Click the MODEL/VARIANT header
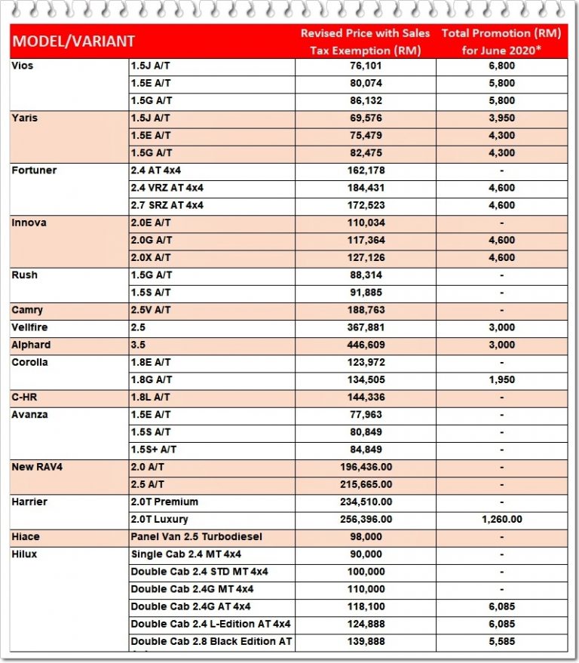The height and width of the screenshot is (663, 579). (74, 41)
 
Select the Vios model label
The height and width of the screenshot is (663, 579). (23, 66)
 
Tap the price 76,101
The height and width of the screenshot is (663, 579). (365, 66)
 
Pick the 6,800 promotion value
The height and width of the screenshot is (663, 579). (501, 66)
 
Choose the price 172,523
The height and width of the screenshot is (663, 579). (365, 205)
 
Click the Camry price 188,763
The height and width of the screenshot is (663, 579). (365, 310)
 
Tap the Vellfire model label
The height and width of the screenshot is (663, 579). (31, 327)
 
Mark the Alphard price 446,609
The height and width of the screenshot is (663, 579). (365, 345)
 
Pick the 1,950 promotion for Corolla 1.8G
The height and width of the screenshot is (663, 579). (501, 379)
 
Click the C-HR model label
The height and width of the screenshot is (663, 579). (26, 397)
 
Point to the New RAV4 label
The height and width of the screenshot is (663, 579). (36, 467)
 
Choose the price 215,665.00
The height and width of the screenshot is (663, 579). (366, 484)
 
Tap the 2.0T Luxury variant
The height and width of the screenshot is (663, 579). (159, 519)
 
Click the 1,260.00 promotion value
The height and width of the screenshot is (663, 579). (501, 519)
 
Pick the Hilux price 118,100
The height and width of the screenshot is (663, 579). (365, 606)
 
